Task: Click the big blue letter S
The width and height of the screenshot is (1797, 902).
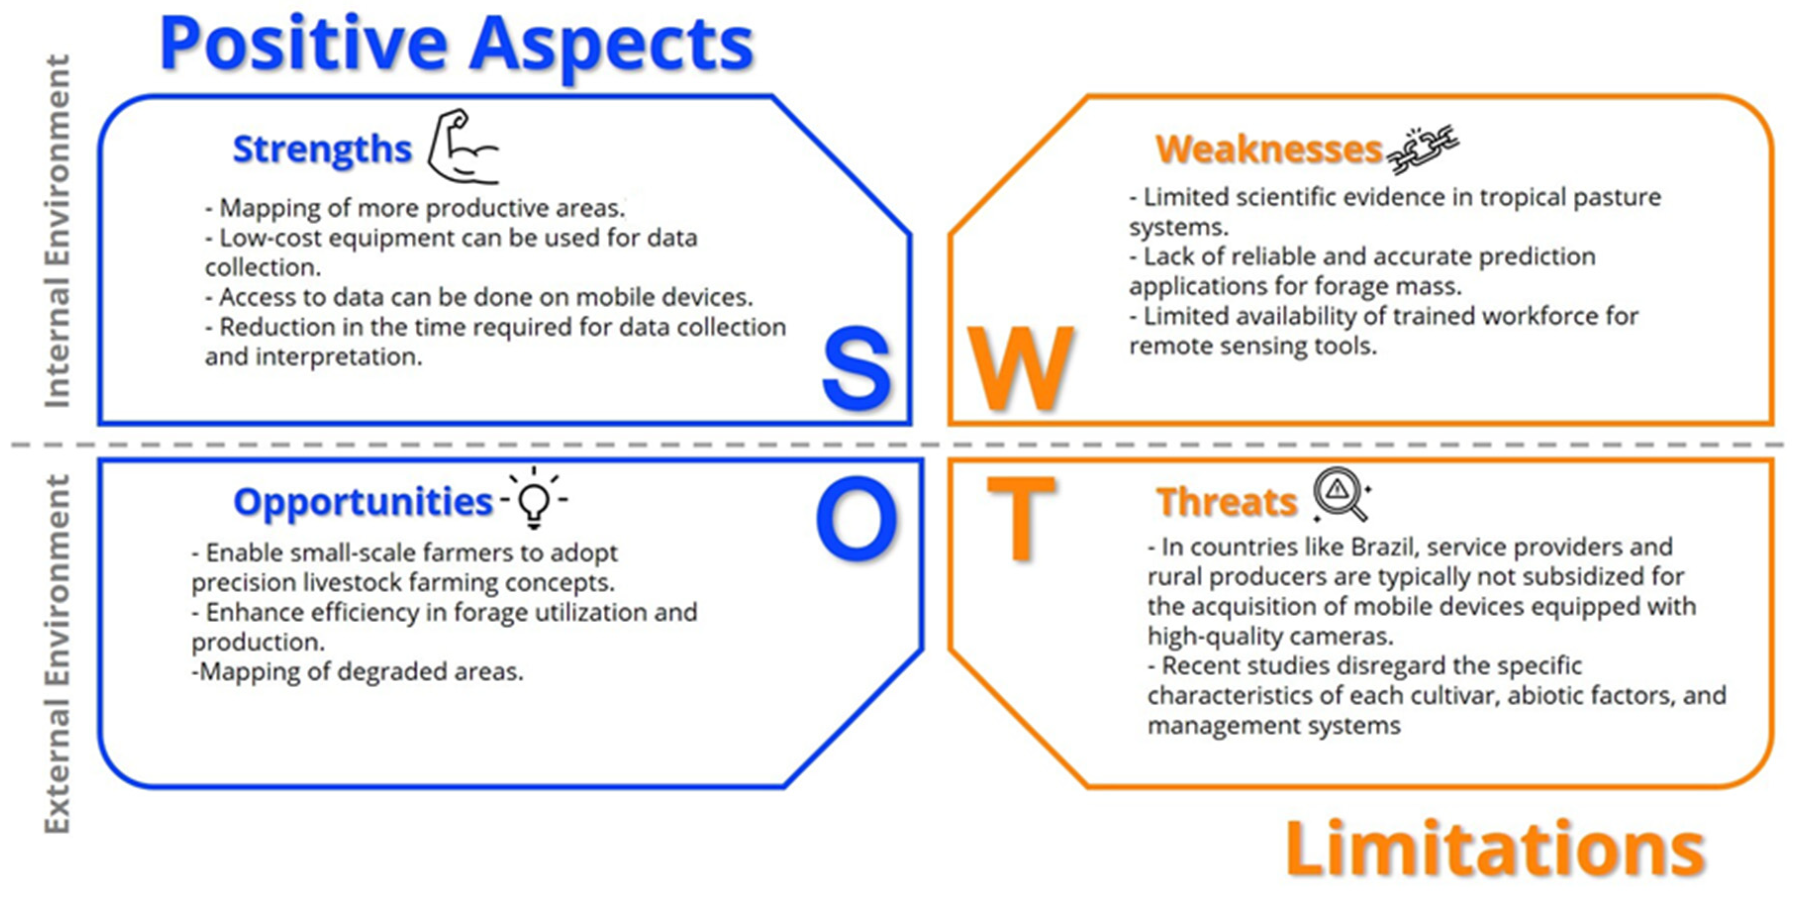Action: pos(857,368)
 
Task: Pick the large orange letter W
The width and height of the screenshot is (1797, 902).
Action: pos(1020,368)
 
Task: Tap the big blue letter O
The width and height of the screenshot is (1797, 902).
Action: pos(857,519)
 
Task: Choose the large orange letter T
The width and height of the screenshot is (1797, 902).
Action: pos(1020,519)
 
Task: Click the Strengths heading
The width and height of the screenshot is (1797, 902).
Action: pos(322,150)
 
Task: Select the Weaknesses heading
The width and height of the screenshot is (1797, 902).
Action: pos(1269,150)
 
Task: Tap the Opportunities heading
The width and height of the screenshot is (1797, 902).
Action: pos(363,503)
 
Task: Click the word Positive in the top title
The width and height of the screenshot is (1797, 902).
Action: pos(303,44)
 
